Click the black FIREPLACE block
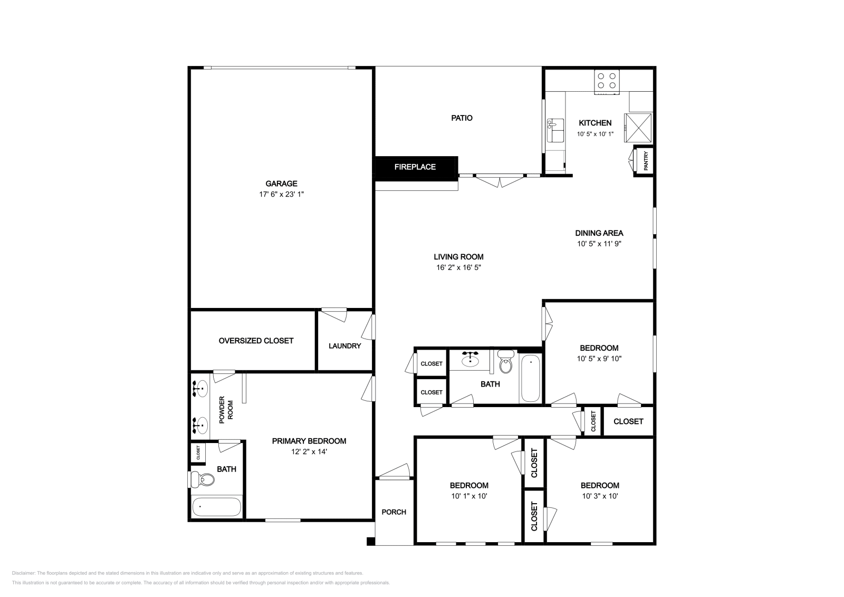[x=416, y=168]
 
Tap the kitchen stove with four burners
[x=607, y=82]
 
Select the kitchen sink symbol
[x=555, y=130]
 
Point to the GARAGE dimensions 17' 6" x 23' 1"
[x=282, y=195]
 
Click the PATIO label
[x=462, y=118]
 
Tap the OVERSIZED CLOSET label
[x=256, y=341]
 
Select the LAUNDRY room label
[x=345, y=346]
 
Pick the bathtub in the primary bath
[x=216, y=507]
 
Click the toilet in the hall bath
[x=506, y=361]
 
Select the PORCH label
[x=394, y=512]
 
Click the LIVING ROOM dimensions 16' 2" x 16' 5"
[x=458, y=267]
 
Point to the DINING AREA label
[x=599, y=233]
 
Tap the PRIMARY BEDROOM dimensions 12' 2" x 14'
[x=309, y=451]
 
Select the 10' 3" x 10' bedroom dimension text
[x=600, y=496]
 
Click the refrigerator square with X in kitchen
[x=638, y=128]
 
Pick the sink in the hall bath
[x=470, y=359]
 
